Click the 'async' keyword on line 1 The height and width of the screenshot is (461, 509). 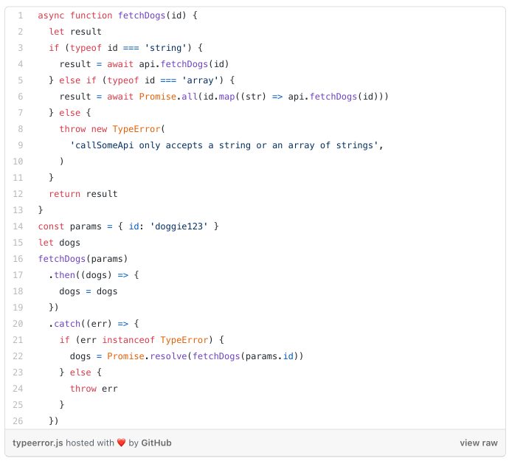[x=51, y=15]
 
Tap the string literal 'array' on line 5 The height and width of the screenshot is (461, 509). [x=200, y=80]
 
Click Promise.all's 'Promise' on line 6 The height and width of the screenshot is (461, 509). [x=157, y=97]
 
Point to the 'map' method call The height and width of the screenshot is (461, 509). [x=227, y=97]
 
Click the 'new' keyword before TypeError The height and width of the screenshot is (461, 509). [x=99, y=129]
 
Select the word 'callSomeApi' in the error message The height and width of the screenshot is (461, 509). [x=104, y=145]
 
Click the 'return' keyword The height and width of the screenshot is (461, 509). [x=65, y=194]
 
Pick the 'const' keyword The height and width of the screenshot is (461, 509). [x=51, y=226]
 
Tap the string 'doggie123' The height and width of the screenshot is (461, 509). [x=179, y=226]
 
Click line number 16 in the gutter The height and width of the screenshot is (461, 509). [x=18, y=259]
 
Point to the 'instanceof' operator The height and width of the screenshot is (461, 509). [x=128, y=340]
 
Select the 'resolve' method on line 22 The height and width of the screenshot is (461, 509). [x=168, y=356]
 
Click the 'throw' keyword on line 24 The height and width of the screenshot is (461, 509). [x=83, y=389]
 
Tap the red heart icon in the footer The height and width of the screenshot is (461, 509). [x=122, y=443]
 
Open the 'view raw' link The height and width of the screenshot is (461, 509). [x=479, y=443]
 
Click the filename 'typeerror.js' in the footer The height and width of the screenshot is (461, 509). [x=38, y=443]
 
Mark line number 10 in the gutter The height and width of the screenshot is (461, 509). [x=18, y=162]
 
